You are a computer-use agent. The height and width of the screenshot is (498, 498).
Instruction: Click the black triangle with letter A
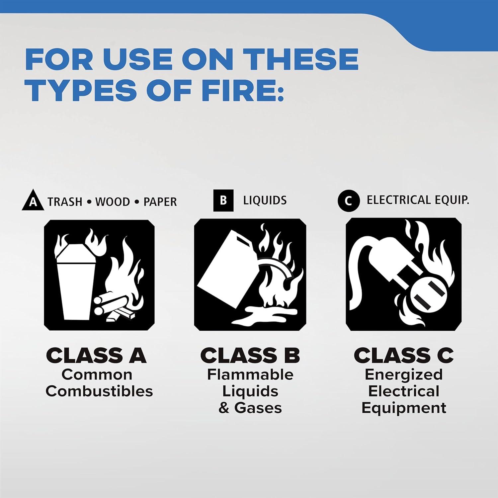pyautogui.click(x=33, y=201)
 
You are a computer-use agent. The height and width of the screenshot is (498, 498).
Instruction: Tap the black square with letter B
pyautogui.click(x=223, y=200)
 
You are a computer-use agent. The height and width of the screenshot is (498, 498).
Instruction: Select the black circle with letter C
pyautogui.click(x=349, y=201)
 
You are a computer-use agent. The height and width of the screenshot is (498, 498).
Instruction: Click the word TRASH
pyautogui.click(x=65, y=202)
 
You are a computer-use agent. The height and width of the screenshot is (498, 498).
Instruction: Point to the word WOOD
pyautogui.click(x=113, y=202)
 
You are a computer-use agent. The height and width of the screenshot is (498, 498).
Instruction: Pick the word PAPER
pyautogui.click(x=160, y=202)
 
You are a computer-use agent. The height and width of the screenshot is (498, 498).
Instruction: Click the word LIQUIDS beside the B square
pyautogui.click(x=265, y=201)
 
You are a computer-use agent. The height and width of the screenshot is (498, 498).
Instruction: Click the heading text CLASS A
pyautogui.click(x=96, y=356)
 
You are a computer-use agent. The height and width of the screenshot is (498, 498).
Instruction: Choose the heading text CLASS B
pyautogui.click(x=250, y=356)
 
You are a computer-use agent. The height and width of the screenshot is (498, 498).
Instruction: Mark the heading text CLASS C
pyautogui.click(x=404, y=356)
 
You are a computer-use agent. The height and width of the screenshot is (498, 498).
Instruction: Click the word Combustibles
pyautogui.click(x=99, y=391)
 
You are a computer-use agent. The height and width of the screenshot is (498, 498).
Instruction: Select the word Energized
pyautogui.click(x=404, y=375)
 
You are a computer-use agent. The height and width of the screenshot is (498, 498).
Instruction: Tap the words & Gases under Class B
pyautogui.click(x=250, y=408)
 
